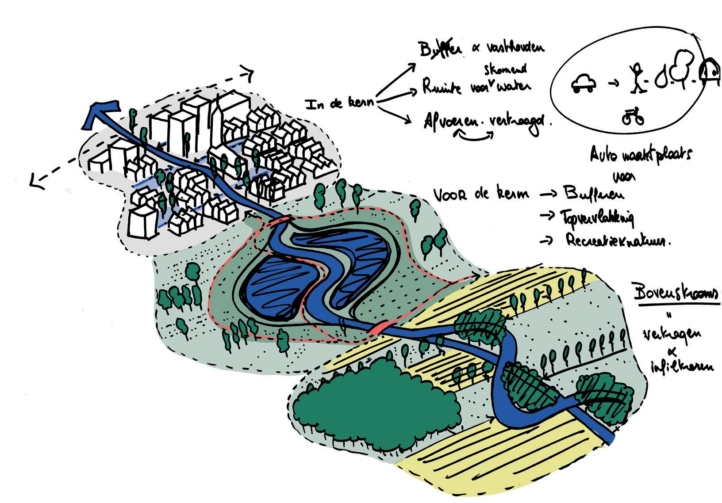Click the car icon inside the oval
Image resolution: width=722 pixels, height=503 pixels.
pos(584,83)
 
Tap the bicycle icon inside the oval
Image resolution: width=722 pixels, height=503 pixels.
pos(633,117)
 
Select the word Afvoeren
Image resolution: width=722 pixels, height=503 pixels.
pos(452,121)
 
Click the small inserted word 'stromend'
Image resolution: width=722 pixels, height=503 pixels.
pos(504,69)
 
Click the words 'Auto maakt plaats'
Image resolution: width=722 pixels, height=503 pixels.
pos(641,155)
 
